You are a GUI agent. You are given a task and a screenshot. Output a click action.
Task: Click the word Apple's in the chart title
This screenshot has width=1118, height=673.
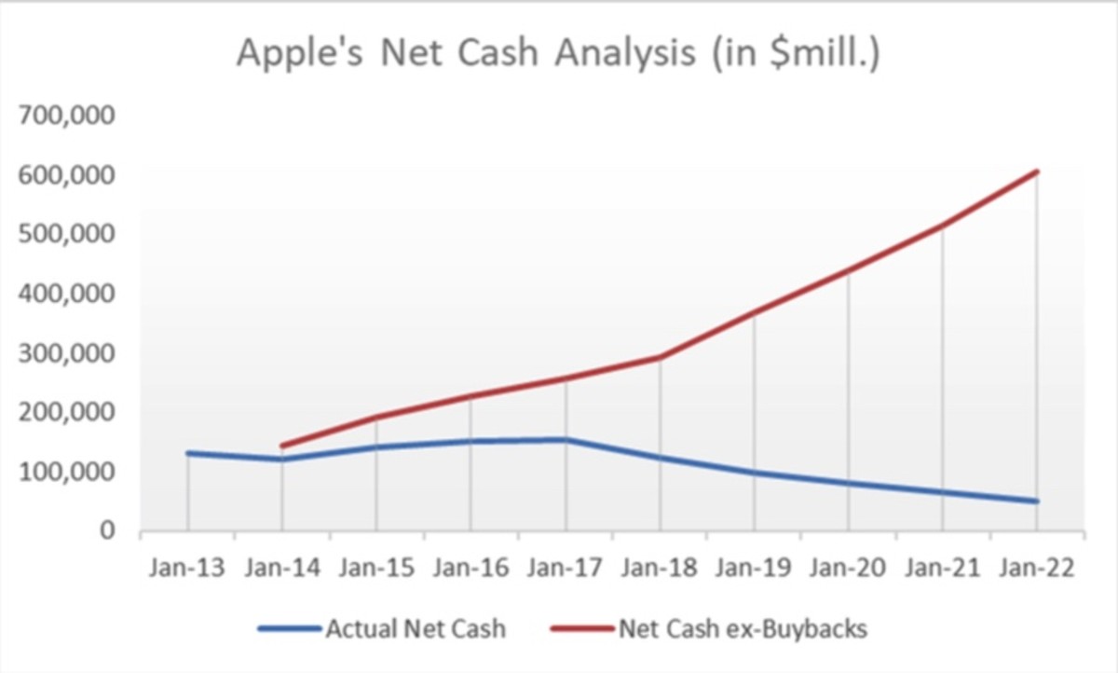coord(300,53)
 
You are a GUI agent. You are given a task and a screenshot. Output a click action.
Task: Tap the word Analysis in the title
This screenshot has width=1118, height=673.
coord(625,53)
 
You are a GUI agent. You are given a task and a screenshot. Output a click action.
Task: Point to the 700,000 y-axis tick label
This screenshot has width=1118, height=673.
coord(66,116)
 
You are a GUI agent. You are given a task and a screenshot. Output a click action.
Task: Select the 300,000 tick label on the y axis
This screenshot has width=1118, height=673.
coord(66,353)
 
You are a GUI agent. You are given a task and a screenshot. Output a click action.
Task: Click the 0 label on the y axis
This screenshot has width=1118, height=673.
coord(107,530)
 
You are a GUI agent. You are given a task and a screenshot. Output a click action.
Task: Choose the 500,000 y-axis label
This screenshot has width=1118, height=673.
coord(66,234)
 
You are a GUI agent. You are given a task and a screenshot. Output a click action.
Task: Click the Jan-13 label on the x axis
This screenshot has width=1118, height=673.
coord(187,569)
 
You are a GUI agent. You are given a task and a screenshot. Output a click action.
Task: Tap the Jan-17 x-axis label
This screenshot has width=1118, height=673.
coord(565,569)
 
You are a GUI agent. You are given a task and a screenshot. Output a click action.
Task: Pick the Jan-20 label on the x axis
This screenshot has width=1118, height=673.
coord(848,569)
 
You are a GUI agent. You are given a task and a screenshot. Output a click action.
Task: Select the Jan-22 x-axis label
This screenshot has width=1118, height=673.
coord(1037,569)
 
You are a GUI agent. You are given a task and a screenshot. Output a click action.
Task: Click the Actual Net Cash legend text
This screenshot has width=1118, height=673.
coord(416,628)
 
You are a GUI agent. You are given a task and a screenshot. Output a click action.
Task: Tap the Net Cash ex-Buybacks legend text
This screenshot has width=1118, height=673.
coord(743,629)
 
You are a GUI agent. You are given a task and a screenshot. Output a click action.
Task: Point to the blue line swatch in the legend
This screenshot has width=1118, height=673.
coord(290,629)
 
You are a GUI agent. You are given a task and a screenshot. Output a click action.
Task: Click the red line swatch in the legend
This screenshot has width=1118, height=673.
coord(582,629)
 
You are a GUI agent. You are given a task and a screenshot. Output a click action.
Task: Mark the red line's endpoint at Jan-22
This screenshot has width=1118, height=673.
coord(1037,172)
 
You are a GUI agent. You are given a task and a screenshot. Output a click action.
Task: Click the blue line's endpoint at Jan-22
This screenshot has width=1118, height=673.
coord(1037,501)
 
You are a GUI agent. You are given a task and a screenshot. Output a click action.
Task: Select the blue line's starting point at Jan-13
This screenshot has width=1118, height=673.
coord(188,453)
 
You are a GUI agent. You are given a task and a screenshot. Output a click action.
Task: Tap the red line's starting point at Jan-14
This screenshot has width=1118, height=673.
coord(282,446)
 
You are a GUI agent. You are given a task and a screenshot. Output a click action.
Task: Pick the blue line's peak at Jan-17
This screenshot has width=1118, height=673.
coord(566,440)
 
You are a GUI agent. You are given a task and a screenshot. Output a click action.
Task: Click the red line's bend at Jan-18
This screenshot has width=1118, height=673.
coord(660,357)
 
